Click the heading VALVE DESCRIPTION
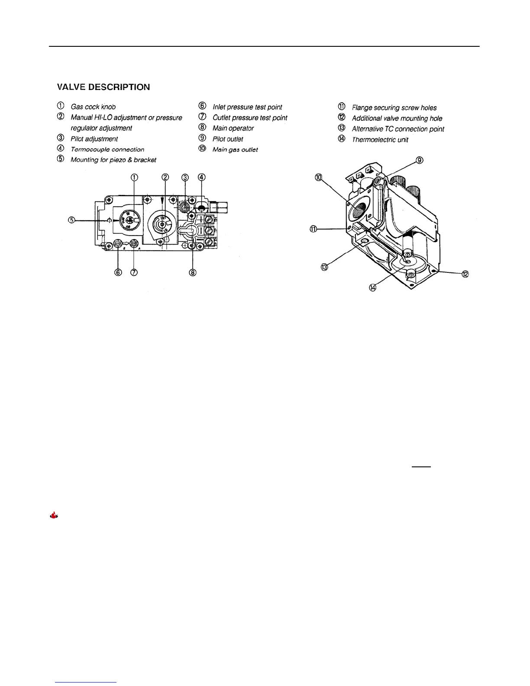pyautogui.click(x=103, y=87)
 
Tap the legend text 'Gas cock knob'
pyautogui.click(x=93, y=107)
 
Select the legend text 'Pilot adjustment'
pyautogui.click(x=94, y=139)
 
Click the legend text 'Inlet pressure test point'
pyautogui.click(x=247, y=107)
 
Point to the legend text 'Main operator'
pyautogui.click(x=233, y=128)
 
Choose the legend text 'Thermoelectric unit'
pyautogui.click(x=380, y=139)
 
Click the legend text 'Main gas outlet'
pyautogui.click(x=235, y=150)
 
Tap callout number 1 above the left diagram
pyautogui.click(x=134, y=177)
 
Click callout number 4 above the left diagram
pyautogui.click(x=201, y=177)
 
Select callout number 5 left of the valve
pyautogui.click(x=72, y=220)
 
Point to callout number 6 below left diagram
pyautogui.click(x=118, y=272)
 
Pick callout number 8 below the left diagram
pyautogui.click(x=193, y=272)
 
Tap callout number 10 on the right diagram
pyautogui.click(x=319, y=177)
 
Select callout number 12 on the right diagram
pyautogui.click(x=465, y=274)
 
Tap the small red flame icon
pyautogui.click(x=54, y=515)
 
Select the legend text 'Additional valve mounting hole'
pyautogui.click(x=397, y=118)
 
